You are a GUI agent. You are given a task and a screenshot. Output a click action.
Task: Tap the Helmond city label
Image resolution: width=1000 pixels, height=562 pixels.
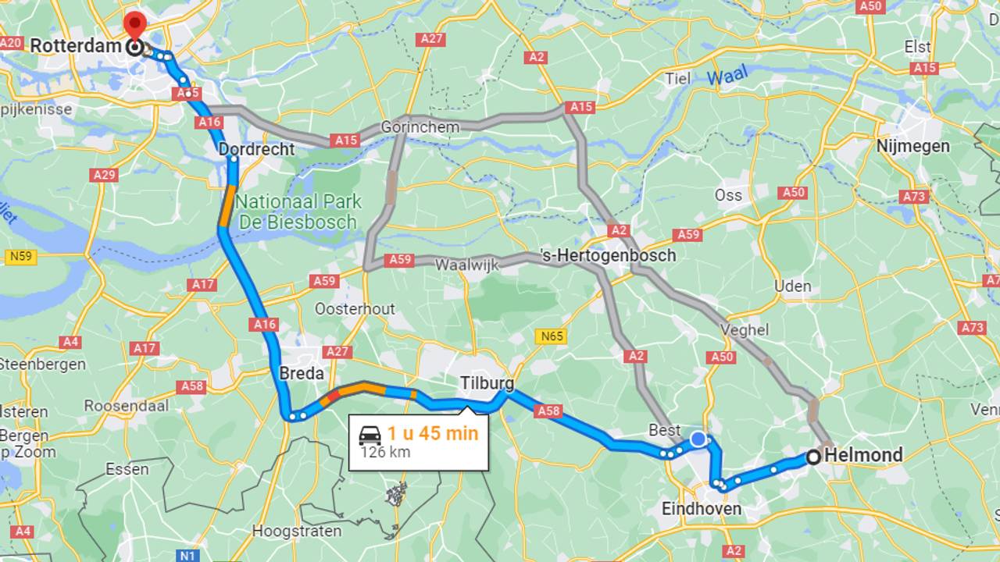tap(863, 455)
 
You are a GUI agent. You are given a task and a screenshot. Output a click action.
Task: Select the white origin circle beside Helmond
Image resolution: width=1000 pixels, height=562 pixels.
tap(813, 457)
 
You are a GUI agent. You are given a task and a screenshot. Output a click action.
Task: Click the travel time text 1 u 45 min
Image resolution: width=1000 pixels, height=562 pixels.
tap(432, 433)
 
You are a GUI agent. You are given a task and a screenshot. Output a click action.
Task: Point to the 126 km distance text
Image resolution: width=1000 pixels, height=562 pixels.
tap(385, 453)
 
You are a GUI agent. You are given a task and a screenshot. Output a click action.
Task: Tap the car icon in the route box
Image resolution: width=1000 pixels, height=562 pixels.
tap(370, 435)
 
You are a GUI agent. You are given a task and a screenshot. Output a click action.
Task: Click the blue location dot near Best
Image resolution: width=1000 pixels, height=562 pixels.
tap(698, 439)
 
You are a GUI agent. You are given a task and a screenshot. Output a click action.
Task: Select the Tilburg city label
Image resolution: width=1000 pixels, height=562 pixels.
tap(487, 383)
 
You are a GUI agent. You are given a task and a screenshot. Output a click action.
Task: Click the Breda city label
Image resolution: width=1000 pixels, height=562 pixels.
tap(302, 374)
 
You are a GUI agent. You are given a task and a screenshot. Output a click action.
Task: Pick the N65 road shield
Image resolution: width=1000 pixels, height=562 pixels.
tap(551, 336)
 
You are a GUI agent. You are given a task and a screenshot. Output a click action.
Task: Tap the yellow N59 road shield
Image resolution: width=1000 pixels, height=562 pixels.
tap(20, 256)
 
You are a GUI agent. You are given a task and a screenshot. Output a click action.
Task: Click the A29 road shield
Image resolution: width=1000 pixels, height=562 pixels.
tap(104, 175)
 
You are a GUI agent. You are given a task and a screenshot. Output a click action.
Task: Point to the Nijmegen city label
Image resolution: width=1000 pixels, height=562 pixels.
tap(912, 146)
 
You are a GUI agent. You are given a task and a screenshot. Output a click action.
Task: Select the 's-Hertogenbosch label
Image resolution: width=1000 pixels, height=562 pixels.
tap(607, 255)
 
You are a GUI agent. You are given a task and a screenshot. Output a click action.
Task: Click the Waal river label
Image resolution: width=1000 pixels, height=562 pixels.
tap(727, 76)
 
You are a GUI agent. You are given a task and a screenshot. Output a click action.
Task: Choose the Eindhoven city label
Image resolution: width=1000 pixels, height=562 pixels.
tap(701, 509)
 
